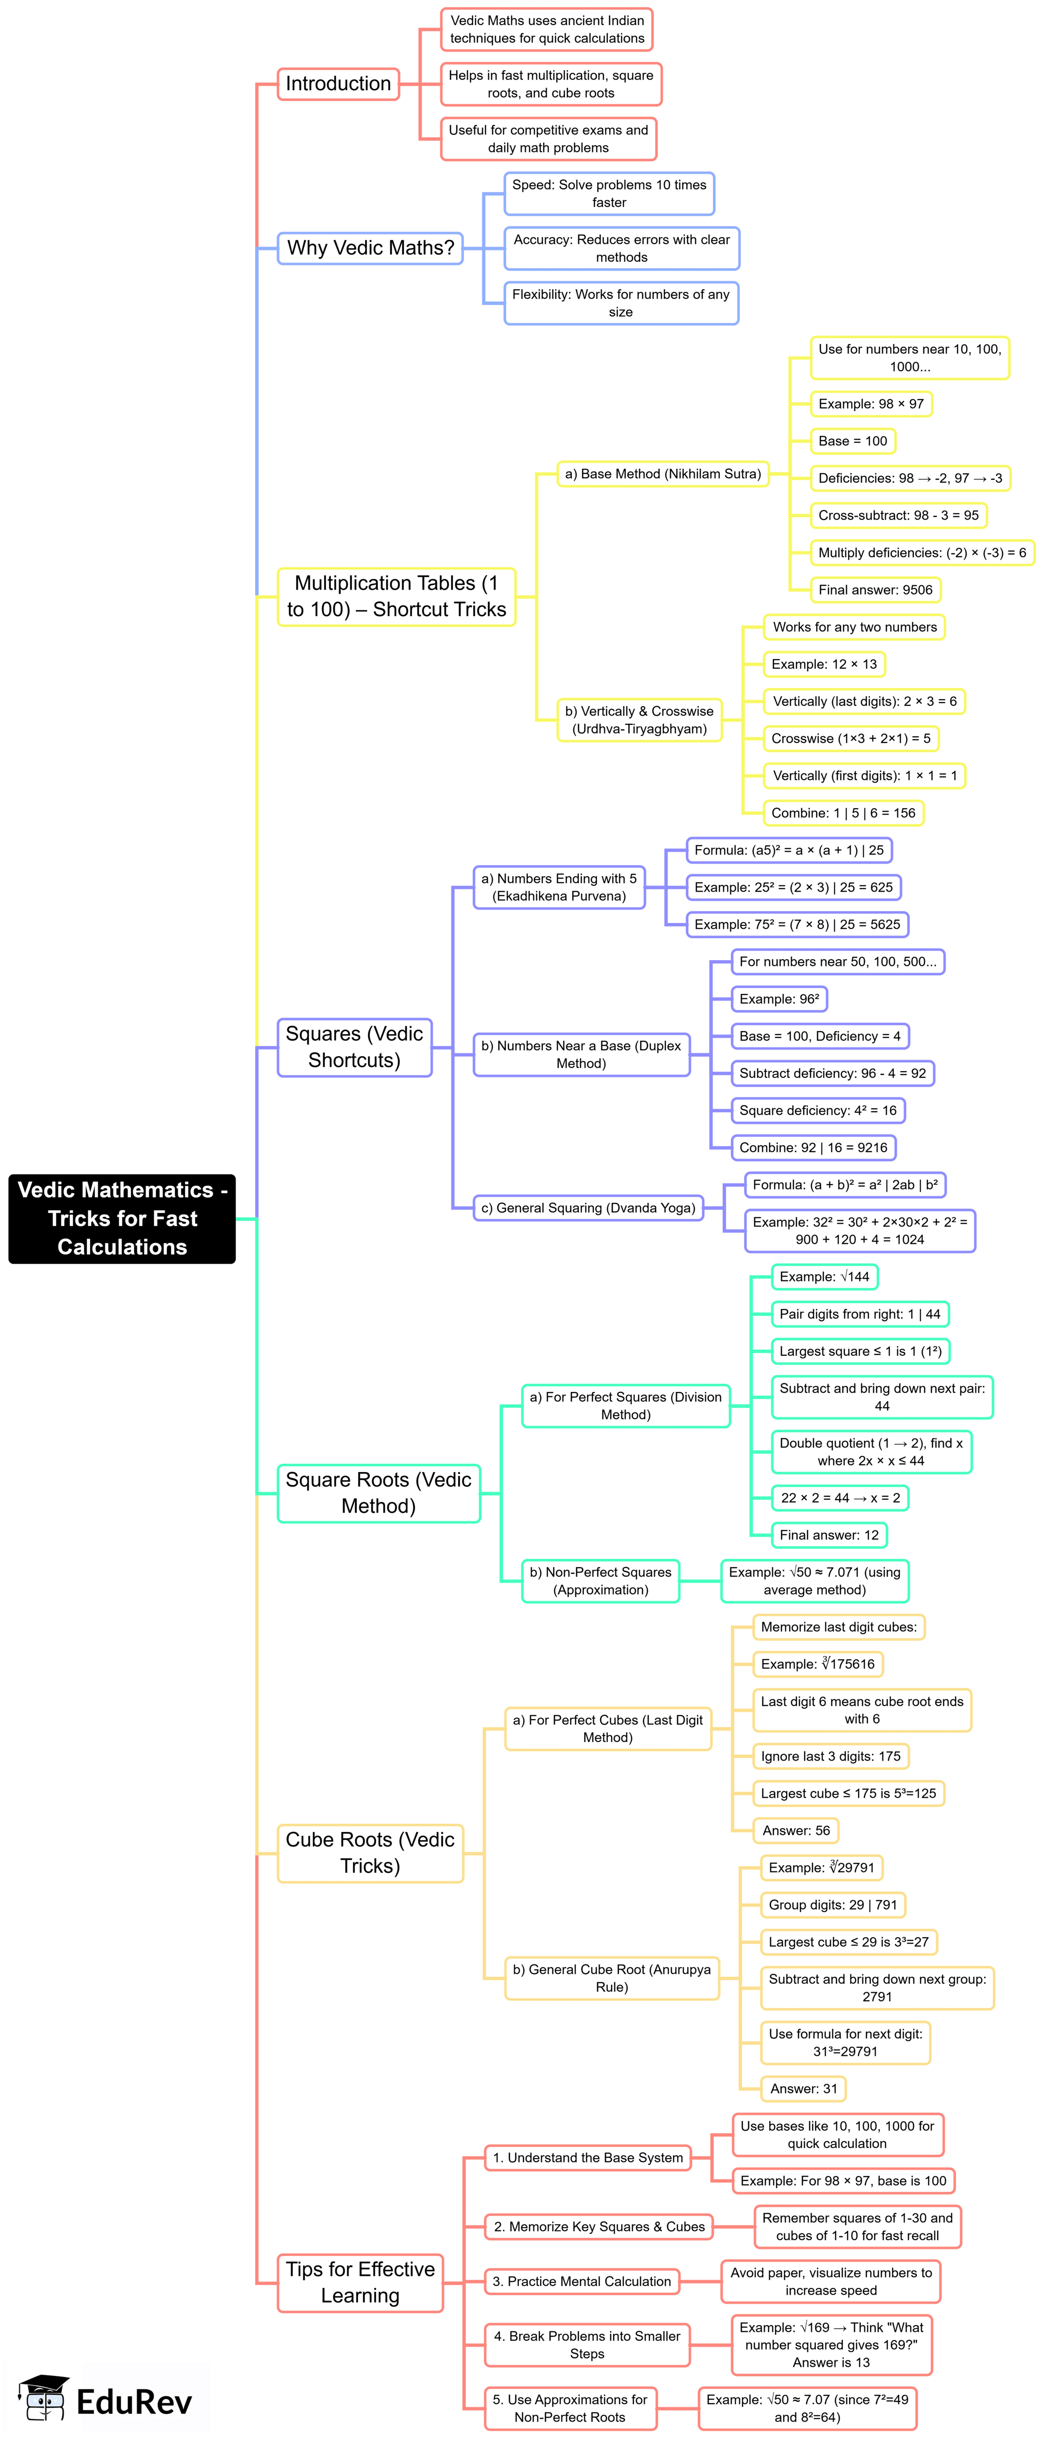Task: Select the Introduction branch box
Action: click(338, 83)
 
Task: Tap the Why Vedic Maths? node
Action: click(370, 248)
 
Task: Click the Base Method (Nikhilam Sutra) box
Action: click(662, 473)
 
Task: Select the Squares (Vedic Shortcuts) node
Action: click(354, 1047)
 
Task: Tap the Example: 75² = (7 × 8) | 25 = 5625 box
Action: click(797, 924)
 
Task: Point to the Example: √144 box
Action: click(823, 1277)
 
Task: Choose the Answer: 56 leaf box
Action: click(796, 1831)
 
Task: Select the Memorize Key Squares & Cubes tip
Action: click(599, 2227)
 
